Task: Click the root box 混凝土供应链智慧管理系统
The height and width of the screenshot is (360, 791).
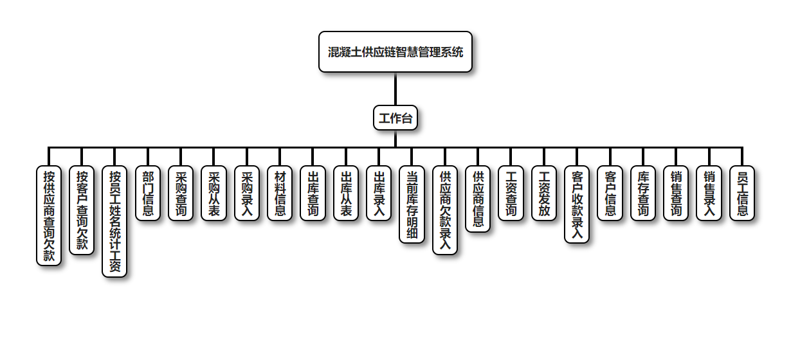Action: click(395, 52)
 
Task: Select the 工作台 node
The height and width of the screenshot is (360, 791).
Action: click(395, 118)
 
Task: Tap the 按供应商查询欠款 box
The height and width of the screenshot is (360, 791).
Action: click(49, 215)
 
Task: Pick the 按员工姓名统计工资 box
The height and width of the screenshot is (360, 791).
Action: click(114, 221)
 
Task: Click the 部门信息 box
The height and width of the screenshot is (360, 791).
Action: click(148, 193)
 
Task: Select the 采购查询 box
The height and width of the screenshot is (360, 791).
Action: click(181, 193)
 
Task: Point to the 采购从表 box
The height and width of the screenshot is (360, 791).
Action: click(214, 193)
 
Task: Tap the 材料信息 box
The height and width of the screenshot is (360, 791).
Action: click(280, 193)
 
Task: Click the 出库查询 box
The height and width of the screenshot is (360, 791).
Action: click(313, 193)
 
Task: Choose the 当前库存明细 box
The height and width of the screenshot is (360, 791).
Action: click(412, 204)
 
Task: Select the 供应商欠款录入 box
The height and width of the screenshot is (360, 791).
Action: click(445, 210)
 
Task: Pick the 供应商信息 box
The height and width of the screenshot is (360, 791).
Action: click(478, 199)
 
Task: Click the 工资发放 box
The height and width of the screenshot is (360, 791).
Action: click(544, 193)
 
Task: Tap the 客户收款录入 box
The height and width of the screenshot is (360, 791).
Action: click(577, 204)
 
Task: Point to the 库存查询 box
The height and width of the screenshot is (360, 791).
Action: click(643, 193)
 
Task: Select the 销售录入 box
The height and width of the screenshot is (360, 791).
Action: click(709, 193)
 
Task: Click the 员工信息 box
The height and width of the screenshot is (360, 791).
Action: click(742, 193)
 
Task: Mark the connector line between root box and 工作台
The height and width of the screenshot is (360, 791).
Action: click(395, 89)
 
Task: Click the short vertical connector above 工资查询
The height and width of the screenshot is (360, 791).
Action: click(511, 157)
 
